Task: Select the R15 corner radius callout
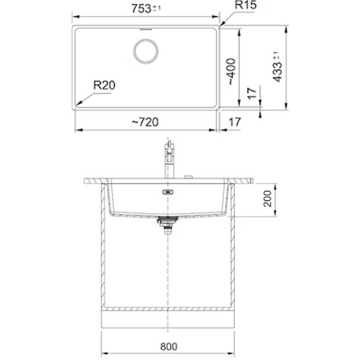coord(246,5)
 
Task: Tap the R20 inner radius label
coord(104,85)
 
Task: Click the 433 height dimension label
coord(277,66)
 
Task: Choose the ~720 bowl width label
coord(145,122)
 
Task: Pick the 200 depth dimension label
coord(268,198)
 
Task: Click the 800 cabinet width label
coord(169,346)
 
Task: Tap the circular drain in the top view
coord(146,51)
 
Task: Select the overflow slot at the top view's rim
coord(146,29)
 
